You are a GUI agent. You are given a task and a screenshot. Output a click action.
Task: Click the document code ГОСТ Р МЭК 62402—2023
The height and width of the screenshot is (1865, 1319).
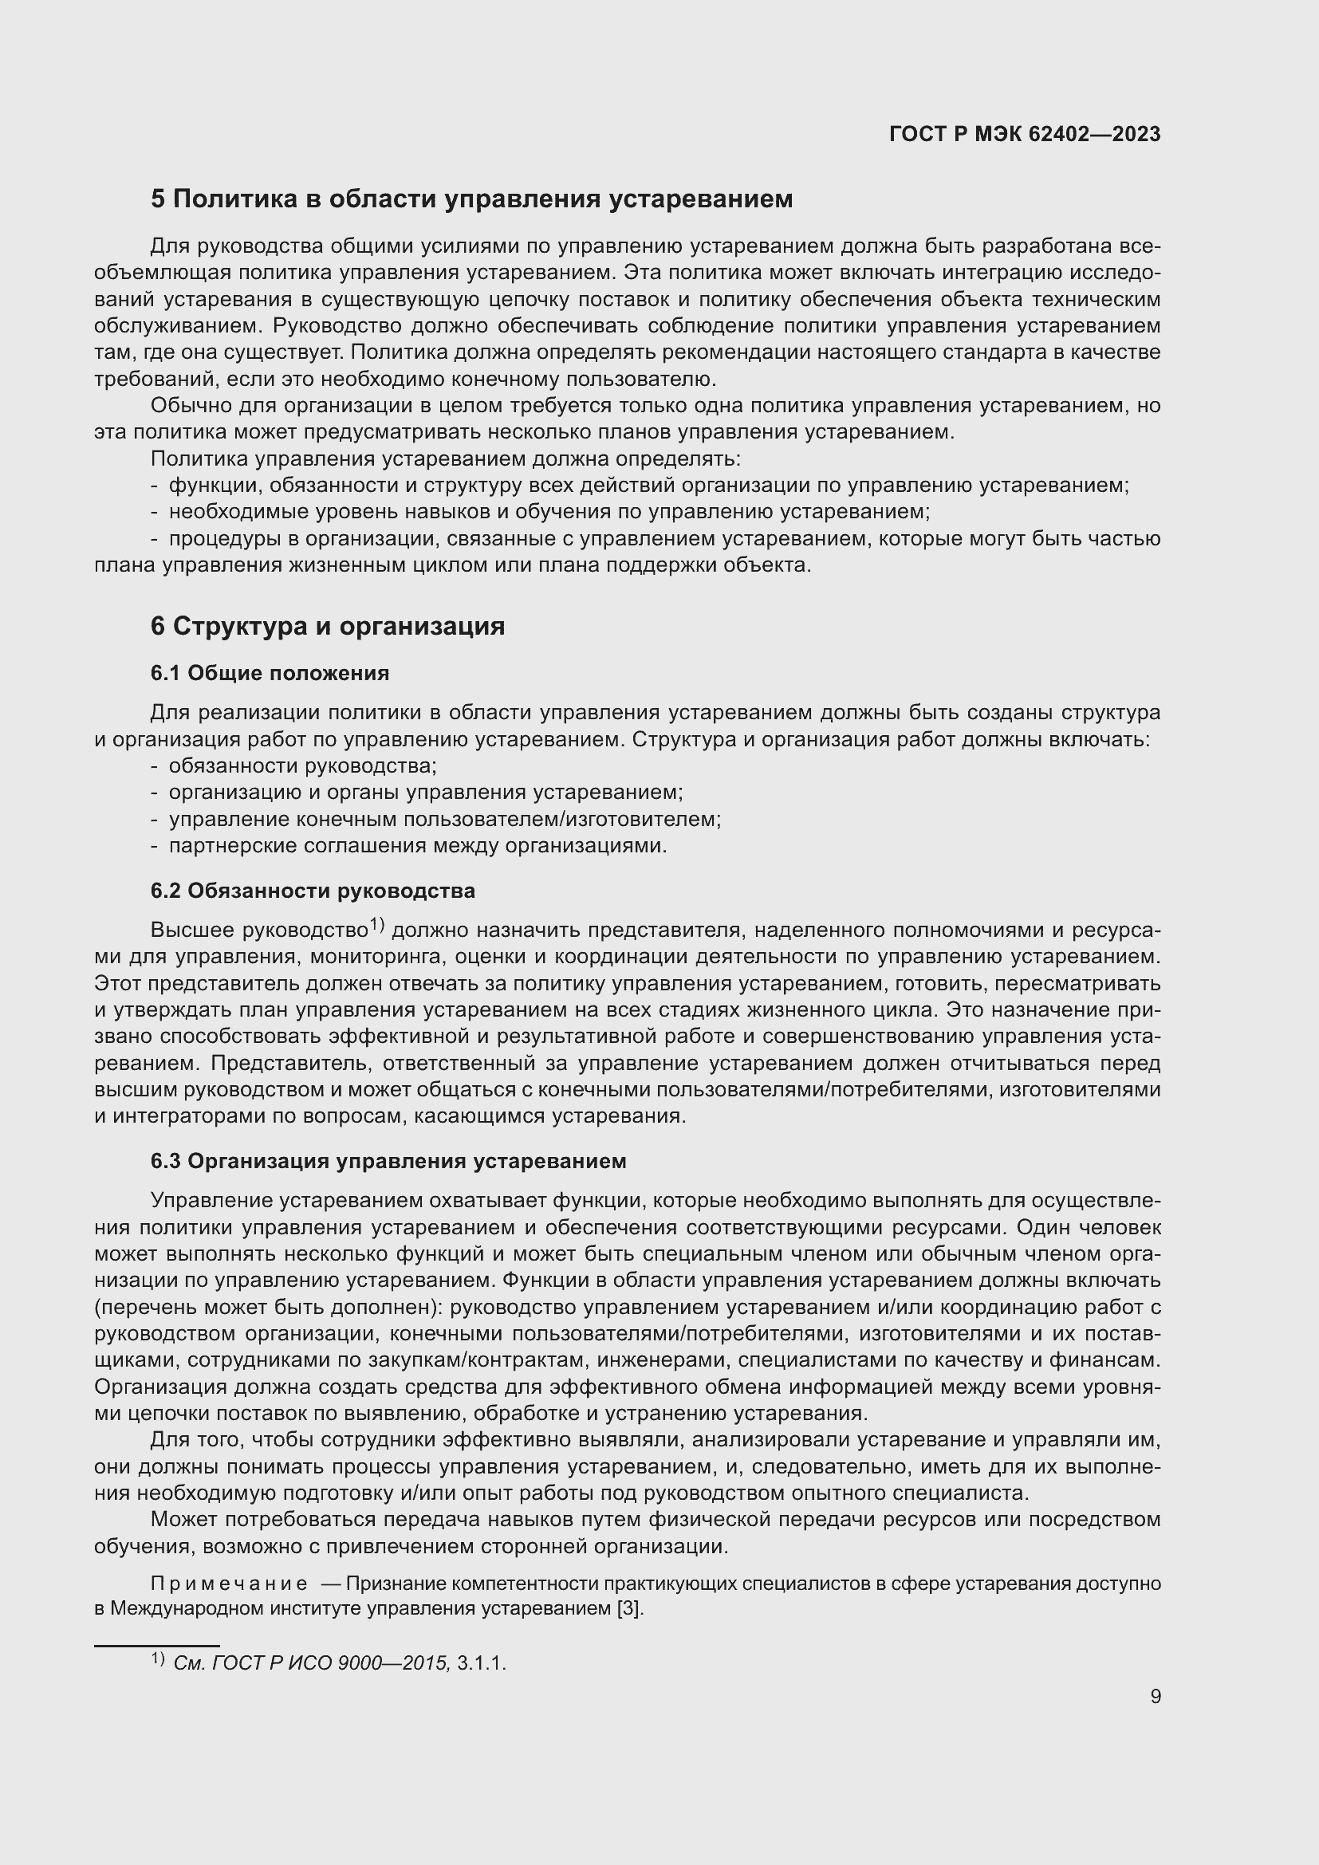coord(1025,134)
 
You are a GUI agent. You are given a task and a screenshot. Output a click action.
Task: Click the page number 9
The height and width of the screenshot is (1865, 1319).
coord(1155,1696)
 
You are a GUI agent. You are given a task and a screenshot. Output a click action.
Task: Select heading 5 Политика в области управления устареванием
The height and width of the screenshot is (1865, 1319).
coord(471,199)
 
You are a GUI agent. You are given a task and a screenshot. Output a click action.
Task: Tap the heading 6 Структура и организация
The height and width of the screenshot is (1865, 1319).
coord(327,626)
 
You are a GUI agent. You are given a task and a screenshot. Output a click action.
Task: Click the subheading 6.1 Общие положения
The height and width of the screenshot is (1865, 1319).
coord(270,673)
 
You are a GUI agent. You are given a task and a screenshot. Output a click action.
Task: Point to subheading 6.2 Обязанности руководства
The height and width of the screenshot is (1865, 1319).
coord(313,891)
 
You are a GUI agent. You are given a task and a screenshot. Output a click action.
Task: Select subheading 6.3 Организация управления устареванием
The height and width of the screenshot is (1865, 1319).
coord(388,1161)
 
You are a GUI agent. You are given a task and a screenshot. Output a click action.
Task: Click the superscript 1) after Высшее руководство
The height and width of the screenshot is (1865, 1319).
coord(377,924)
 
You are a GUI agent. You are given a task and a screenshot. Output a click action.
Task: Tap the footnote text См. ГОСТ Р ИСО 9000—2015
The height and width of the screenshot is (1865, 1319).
coord(311,1663)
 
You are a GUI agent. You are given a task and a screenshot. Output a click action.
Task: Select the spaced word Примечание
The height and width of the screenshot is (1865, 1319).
coord(229,1584)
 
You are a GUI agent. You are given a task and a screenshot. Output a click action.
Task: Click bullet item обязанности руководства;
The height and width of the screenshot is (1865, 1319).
coord(302,766)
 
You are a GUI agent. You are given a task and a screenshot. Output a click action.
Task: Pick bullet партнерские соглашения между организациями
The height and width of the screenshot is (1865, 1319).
coord(417,845)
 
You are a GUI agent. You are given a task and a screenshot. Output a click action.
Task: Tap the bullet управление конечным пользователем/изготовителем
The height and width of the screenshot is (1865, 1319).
coord(444,819)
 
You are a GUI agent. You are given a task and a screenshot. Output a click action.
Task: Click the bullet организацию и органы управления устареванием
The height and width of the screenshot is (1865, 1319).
coord(426,792)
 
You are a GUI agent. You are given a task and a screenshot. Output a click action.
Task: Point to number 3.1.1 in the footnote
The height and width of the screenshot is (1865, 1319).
coord(481,1663)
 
